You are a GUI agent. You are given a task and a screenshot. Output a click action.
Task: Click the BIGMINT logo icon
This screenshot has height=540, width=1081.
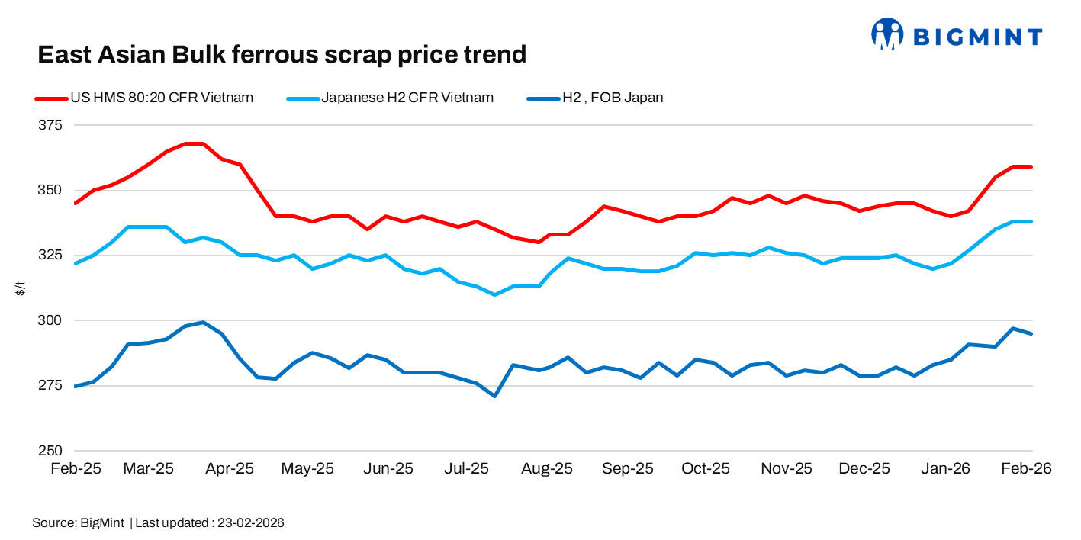tap(887, 35)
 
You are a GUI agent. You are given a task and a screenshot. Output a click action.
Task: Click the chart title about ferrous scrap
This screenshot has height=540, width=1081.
tap(282, 55)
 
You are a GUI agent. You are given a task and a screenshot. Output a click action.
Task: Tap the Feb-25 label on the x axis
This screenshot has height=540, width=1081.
tap(76, 469)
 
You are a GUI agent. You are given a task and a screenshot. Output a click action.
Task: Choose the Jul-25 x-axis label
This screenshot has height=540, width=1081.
tap(466, 469)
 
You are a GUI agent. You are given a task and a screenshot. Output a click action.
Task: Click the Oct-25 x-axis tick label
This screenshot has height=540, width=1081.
tap(706, 469)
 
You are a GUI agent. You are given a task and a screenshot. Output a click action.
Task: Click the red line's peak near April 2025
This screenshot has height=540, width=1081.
tap(194, 143)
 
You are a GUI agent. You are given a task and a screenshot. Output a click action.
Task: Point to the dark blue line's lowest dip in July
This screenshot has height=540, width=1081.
tap(494, 396)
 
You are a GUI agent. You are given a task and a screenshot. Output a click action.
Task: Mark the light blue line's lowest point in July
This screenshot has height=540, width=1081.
tap(494, 294)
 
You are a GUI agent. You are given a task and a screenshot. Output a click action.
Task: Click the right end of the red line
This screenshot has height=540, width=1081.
tap(1031, 166)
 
